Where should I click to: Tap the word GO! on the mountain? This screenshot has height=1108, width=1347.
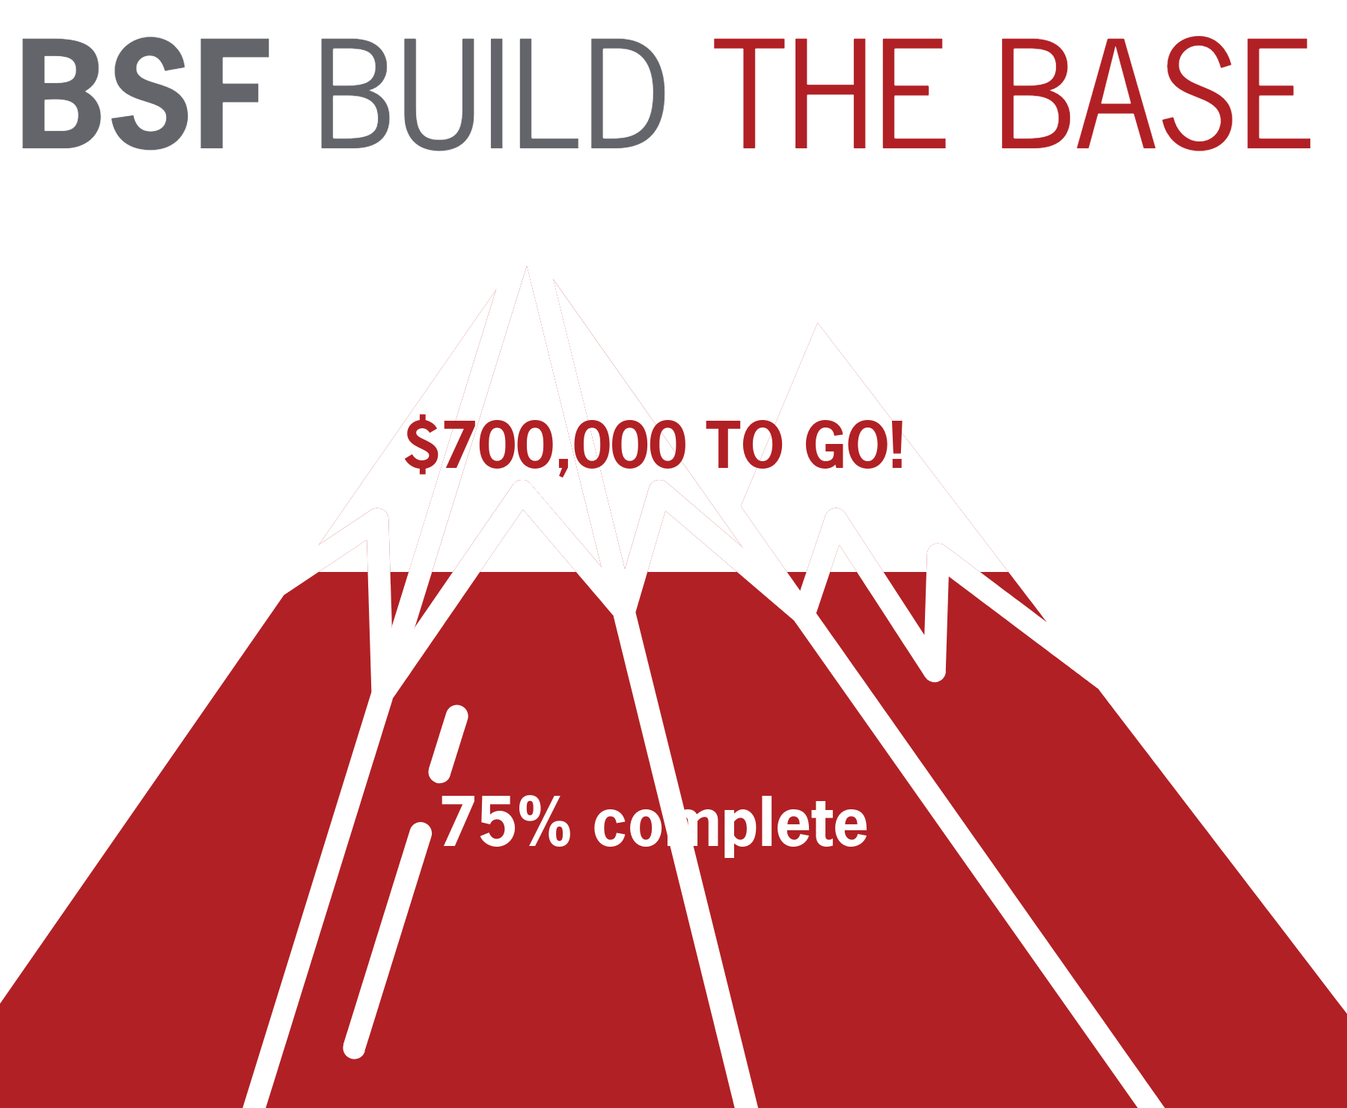[854, 445]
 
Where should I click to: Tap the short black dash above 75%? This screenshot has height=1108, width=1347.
[448, 741]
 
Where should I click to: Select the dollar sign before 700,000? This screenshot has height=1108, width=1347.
[421, 445]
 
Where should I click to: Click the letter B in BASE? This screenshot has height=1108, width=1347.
[1036, 94]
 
